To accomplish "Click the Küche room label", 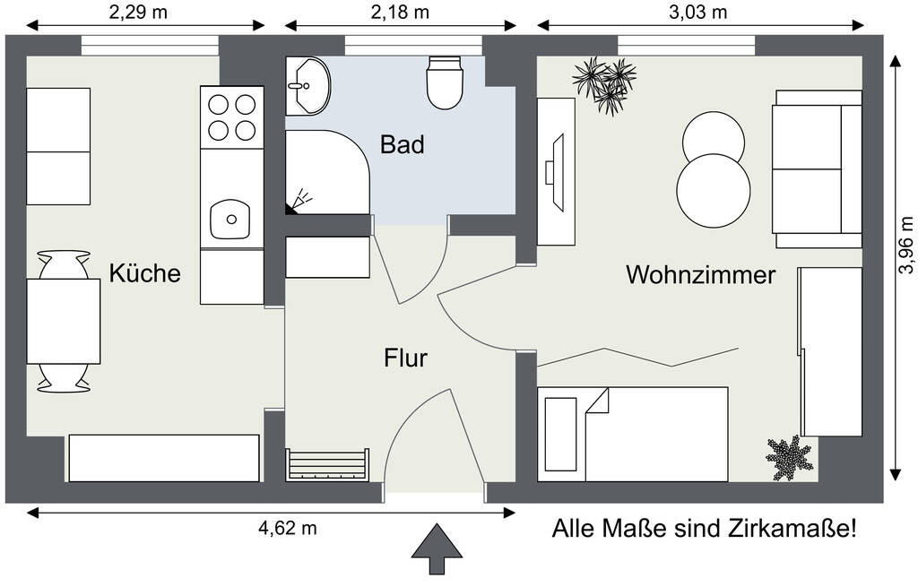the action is coord(144,273).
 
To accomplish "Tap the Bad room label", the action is coord(403,144).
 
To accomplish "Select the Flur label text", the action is coord(406,358).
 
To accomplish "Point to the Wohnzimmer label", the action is coord(701,274).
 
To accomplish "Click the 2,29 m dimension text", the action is coord(138,13).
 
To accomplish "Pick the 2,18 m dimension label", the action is coord(400,13).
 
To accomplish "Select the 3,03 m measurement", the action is coord(697,13).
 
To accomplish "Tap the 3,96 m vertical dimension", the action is coord(905,245).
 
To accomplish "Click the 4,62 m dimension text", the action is coord(288,528).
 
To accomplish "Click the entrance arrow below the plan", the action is coord(437,549).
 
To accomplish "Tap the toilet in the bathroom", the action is coord(445,82).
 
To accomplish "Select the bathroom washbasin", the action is coord(308,85).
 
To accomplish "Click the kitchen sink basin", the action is coord(230,220).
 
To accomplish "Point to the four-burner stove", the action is coord(232,117).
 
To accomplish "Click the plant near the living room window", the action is coord(605,85).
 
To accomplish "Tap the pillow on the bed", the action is coord(561,435).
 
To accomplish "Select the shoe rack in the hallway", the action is coord(328,465).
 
